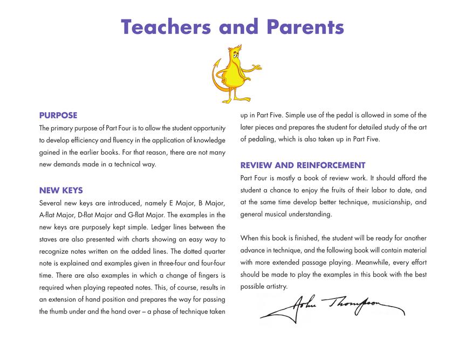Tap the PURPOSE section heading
pyautogui.click(x=58, y=115)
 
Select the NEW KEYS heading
pyautogui.click(x=61, y=190)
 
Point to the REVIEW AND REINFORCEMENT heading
pyautogui.click(x=303, y=165)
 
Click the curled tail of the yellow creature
pyautogui.click(x=216, y=81)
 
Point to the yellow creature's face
pyautogui.click(x=236, y=54)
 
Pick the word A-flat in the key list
pyautogui.click(x=50, y=215)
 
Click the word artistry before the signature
pyautogui.click(x=276, y=287)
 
